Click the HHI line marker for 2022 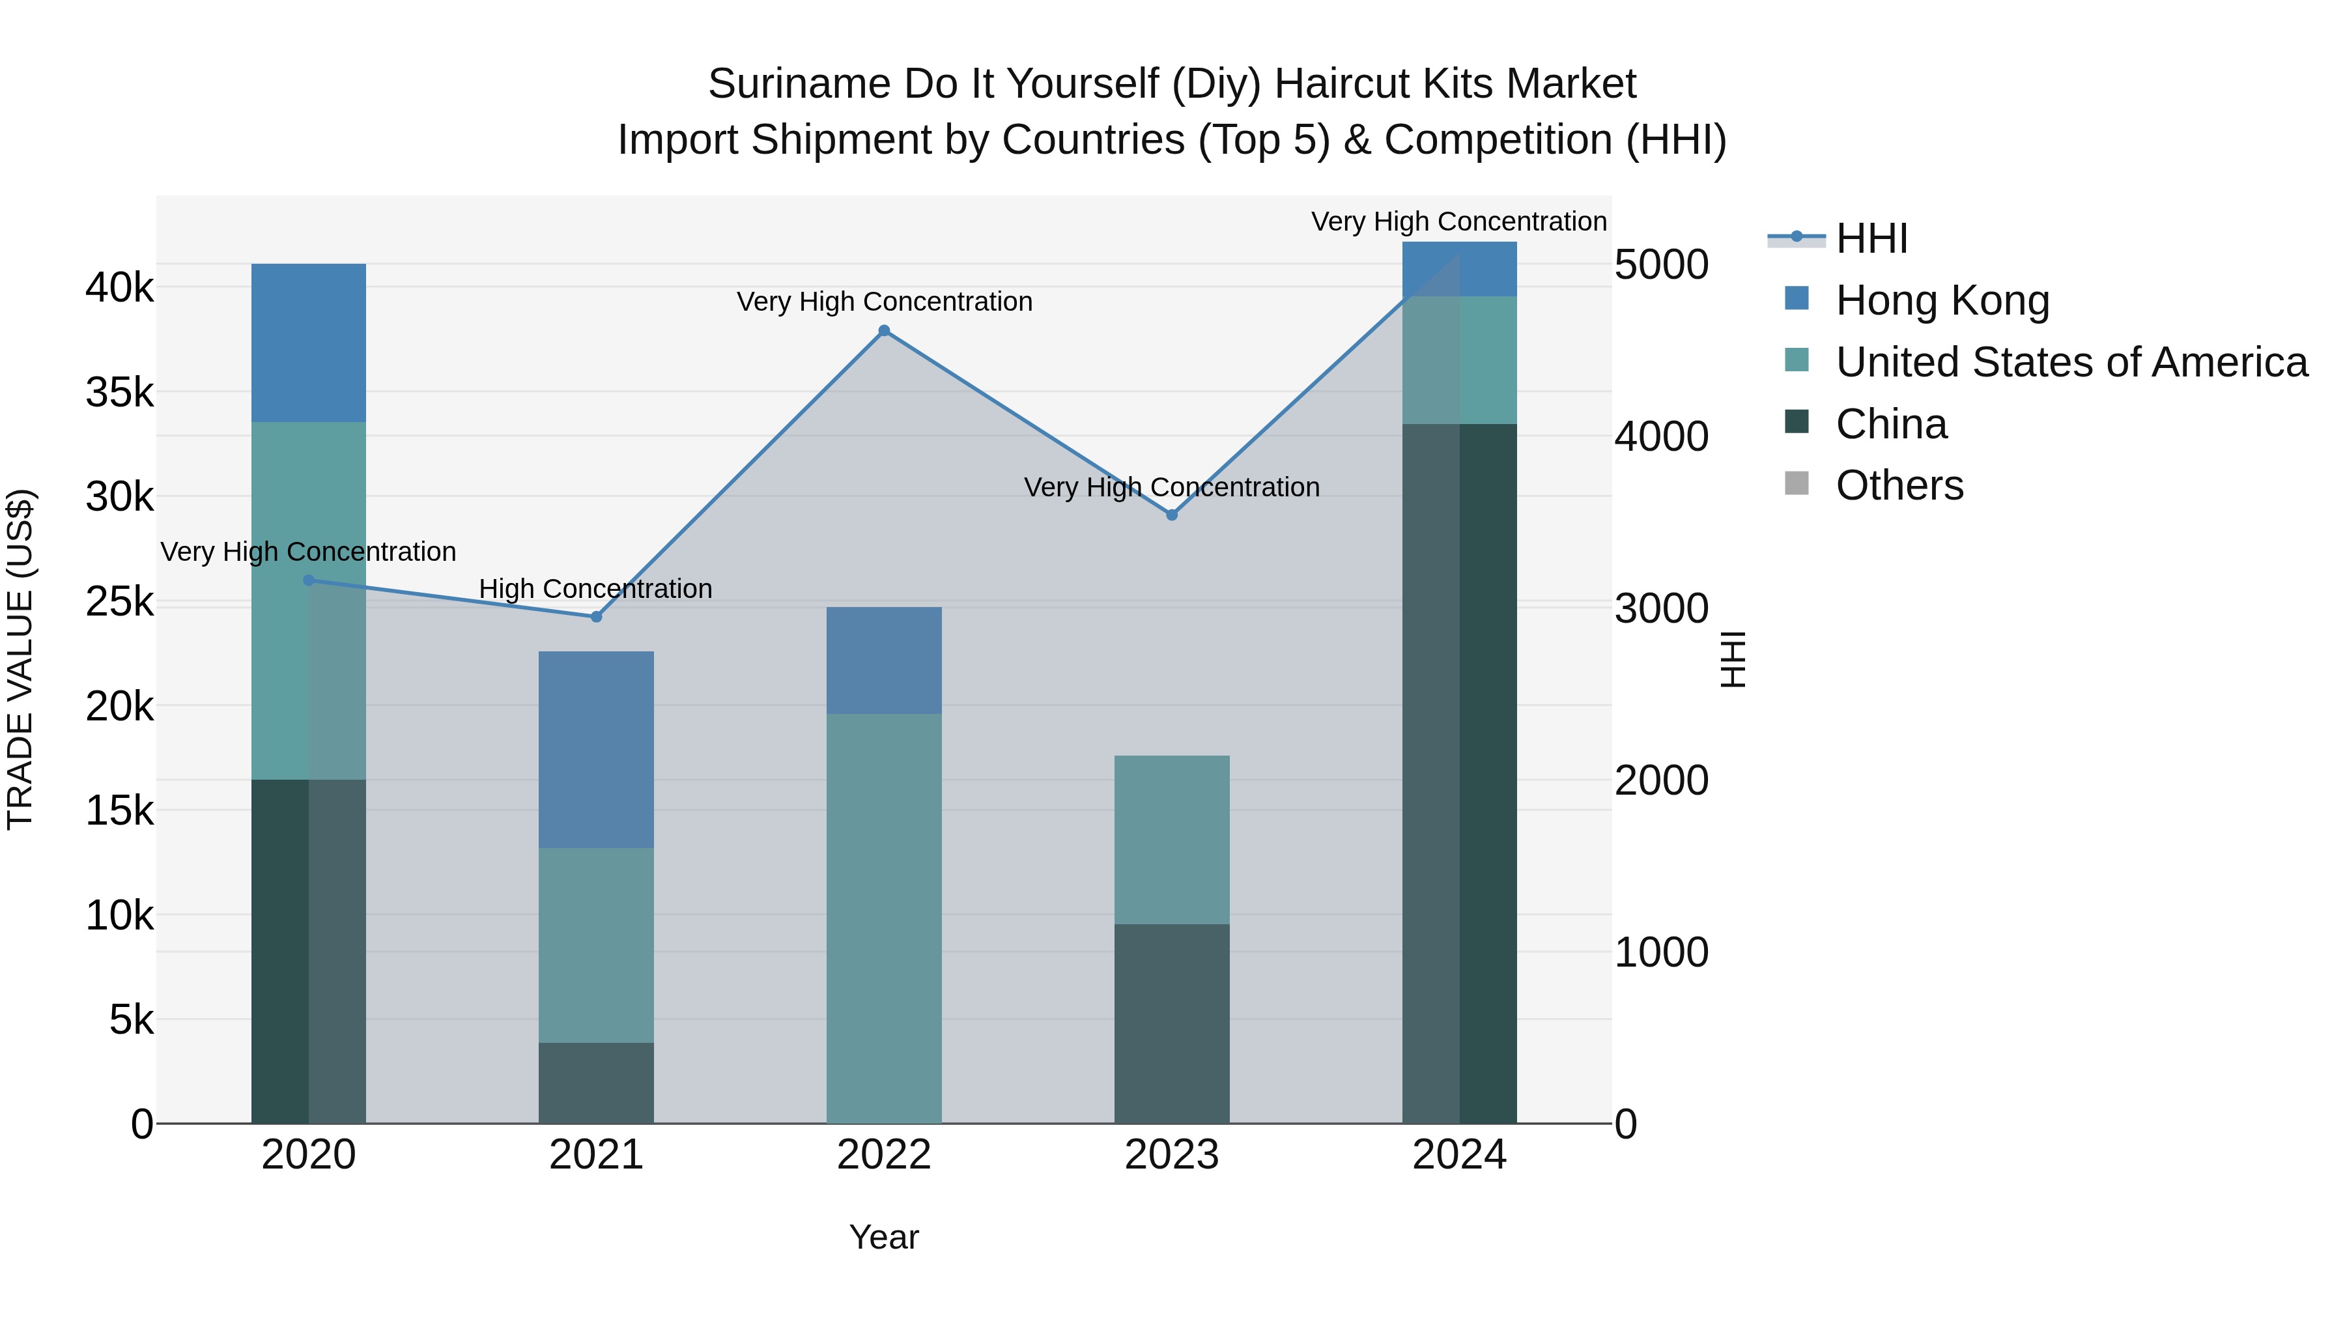tap(884, 330)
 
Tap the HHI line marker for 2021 tap(596, 616)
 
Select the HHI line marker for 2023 tap(1172, 515)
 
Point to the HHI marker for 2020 tap(309, 580)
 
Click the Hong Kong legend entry tap(1942, 300)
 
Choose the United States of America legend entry tap(2071, 362)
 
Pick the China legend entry tap(1891, 424)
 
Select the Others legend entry tap(1899, 485)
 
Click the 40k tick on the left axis tap(120, 288)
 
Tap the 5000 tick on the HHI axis tap(1661, 265)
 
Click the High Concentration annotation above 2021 tap(595, 589)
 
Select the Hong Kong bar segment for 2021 tap(596, 749)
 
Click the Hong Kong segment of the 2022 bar tap(884, 660)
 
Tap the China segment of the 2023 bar tap(1172, 1023)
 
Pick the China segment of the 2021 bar tap(596, 1083)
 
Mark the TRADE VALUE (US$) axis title tap(20, 659)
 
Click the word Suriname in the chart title tap(799, 85)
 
